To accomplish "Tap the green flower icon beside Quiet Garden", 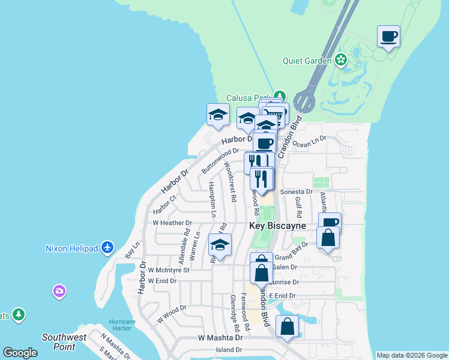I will point(341,60).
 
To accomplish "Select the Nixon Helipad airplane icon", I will point(107,247).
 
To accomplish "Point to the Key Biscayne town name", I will point(277,226).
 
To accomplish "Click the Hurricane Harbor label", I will point(122,325).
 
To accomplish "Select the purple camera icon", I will point(59,292).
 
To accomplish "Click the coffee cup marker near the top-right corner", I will point(388,37).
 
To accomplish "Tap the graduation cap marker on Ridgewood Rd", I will point(220,245).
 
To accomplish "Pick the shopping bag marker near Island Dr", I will point(288,326).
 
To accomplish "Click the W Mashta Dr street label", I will point(220,338).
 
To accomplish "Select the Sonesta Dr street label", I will point(297,191).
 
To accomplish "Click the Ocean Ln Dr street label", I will point(310,142).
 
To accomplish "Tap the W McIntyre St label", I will point(169,270).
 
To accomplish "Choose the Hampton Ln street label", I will point(212,198).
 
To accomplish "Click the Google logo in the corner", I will point(20,353).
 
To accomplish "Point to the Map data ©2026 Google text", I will point(412,355).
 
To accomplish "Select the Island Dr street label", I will point(229,350).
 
